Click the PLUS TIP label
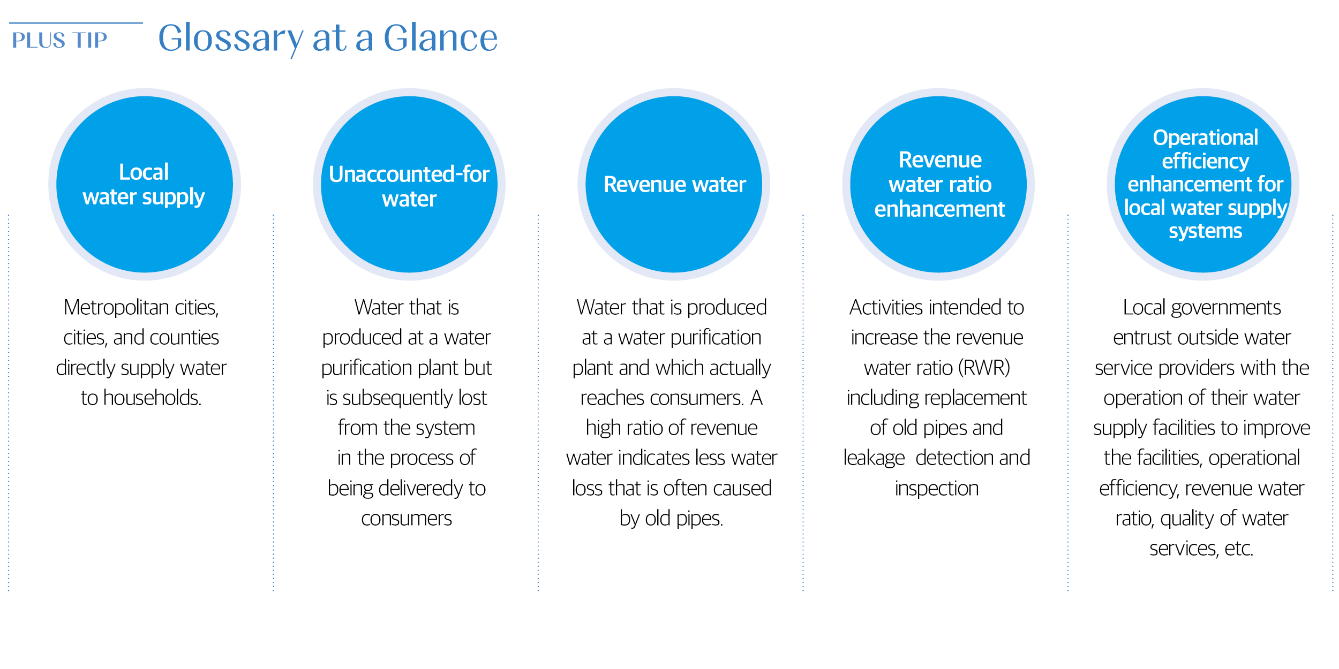pos(59,40)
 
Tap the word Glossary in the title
pos(231,39)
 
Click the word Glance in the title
pos(441,37)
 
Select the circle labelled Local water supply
pos(145,184)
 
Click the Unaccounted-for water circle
pos(409,184)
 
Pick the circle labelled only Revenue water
pos(674,184)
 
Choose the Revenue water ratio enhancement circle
pos(938,184)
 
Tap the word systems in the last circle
pos(1205,231)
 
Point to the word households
pos(152,398)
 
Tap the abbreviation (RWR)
pos(984,368)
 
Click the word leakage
pos(874,458)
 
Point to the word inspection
pos(937,489)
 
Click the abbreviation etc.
pos(1239,549)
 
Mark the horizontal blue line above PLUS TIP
pos(76,23)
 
